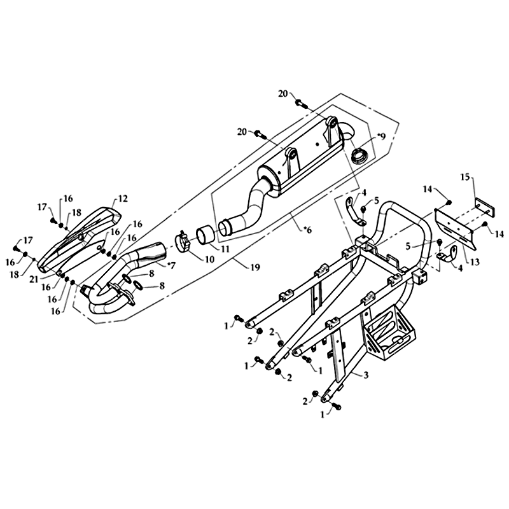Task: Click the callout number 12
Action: point(123,198)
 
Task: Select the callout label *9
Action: point(380,137)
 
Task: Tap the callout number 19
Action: point(255,267)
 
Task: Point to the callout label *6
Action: point(307,230)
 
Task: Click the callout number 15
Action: point(465,178)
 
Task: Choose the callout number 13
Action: point(475,261)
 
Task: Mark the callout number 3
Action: point(366,375)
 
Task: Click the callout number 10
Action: point(209,260)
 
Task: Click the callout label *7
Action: point(171,265)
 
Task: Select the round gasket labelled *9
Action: point(360,155)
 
